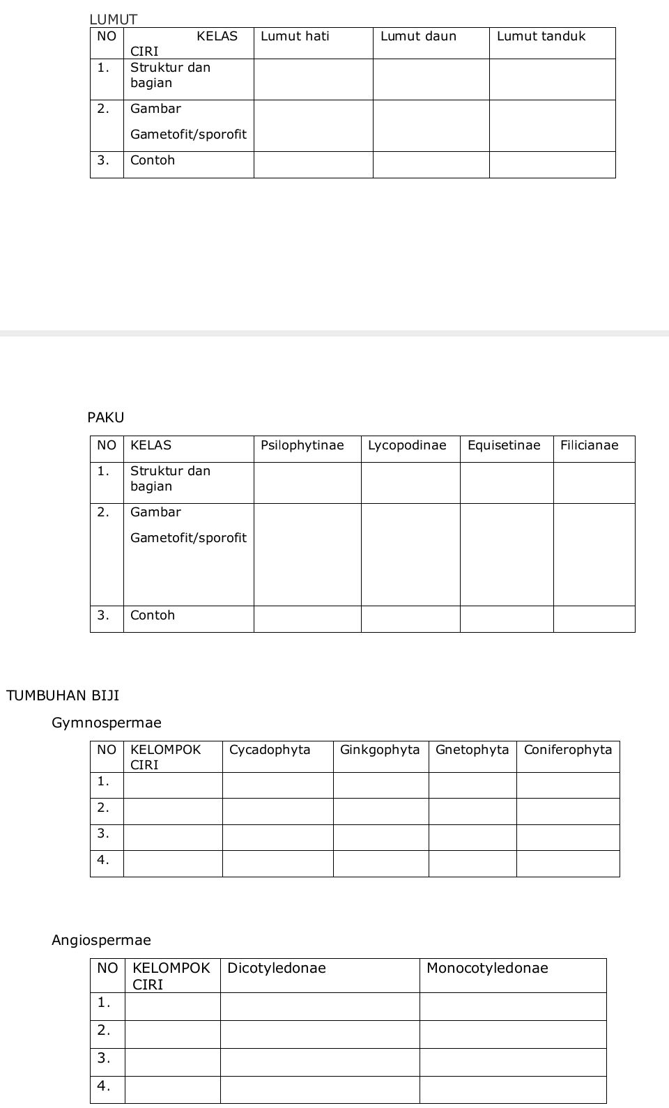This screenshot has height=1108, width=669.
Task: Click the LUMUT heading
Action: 114,20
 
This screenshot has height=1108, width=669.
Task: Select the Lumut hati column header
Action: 295,36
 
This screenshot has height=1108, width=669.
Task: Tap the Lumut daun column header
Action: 418,36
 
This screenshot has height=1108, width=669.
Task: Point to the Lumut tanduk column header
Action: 541,36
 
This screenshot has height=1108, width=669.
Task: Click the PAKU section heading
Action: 106,417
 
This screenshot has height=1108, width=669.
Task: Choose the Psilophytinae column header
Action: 302,445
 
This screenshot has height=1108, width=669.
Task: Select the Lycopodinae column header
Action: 407,445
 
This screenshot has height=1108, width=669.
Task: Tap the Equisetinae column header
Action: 504,445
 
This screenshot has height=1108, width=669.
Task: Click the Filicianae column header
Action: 589,445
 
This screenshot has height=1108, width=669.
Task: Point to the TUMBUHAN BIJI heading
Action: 63,695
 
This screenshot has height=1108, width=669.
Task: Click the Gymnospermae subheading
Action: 107,723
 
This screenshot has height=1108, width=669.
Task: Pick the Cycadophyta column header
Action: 270,750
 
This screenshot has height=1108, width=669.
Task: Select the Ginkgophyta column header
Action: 380,750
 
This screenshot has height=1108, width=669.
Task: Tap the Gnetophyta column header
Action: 472,750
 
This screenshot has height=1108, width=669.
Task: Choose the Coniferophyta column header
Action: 567,750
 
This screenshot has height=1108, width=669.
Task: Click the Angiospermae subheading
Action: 101,940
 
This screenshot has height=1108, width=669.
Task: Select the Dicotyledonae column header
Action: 277,968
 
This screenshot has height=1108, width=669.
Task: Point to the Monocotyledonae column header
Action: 487,968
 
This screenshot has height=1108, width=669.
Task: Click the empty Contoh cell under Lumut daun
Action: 431,164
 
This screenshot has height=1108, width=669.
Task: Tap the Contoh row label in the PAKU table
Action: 153,615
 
